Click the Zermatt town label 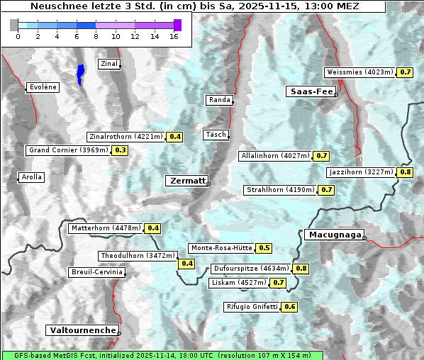coord(186,181)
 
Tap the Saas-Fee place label coord(311,91)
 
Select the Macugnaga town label coord(333,235)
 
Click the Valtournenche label coord(82,330)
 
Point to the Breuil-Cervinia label coord(96,272)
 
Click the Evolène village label coord(43,87)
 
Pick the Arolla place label coord(31,177)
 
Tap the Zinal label coord(108,64)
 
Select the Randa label coord(219,100)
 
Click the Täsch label coord(215,135)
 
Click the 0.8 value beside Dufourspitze coord(301,269)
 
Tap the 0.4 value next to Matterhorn coord(152,228)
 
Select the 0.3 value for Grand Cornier coord(120,150)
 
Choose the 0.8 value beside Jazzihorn coord(406,172)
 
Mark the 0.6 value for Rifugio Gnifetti coord(289,307)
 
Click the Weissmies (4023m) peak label coord(359,72)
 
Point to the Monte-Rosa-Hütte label coord(221,248)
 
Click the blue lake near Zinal coord(81,73)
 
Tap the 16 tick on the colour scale coord(174,36)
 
